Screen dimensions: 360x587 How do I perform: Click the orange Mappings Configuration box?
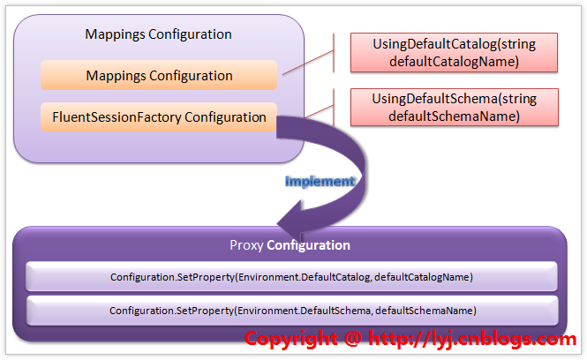point(159,76)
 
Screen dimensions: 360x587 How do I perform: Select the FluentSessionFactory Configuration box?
point(159,116)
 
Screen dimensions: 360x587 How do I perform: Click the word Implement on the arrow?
point(320,181)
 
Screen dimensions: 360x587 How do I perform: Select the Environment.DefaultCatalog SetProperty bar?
point(292,277)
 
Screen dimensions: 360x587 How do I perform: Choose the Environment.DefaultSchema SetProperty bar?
point(292,311)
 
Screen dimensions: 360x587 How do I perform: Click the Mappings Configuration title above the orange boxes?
point(159,34)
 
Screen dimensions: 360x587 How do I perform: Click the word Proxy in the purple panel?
point(246,245)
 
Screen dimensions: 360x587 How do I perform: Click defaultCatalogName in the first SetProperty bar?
point(425,277)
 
